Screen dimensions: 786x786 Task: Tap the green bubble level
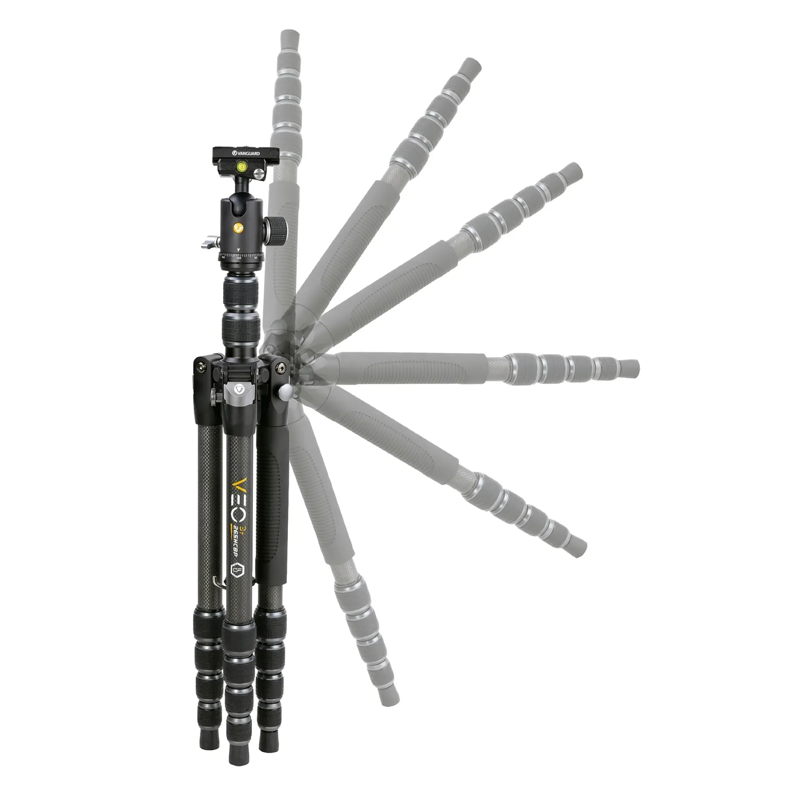241,165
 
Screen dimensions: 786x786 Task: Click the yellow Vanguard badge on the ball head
238,228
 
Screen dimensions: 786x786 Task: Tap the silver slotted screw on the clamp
259,175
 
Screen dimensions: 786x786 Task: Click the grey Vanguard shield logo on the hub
239,388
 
